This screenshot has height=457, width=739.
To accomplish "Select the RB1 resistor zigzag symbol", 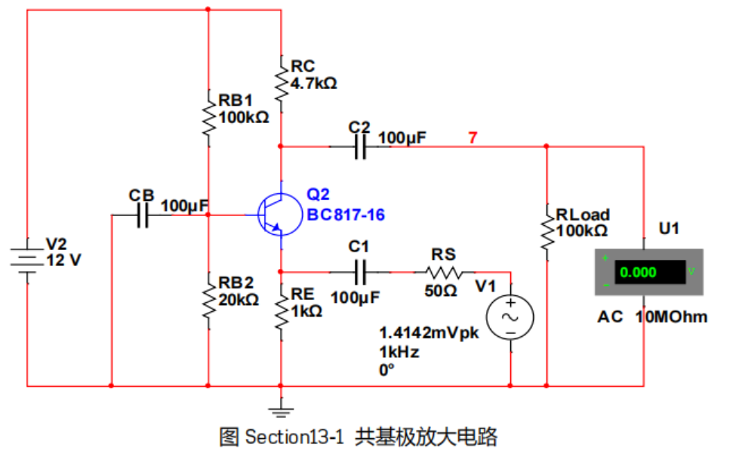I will (x=208, y=115).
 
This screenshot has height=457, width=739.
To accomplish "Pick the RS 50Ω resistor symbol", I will (x=444, y=272).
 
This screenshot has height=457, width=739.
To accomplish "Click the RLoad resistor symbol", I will (x=546, y=230).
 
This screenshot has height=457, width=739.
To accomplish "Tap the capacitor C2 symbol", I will (x=360, y=147).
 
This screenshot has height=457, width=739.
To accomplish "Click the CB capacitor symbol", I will (x=143, y=215).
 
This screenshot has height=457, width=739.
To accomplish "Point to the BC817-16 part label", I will (x=346, y=215).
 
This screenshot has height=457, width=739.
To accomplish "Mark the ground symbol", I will (x=281, y=410).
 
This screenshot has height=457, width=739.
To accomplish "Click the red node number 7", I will (x=473, y=137).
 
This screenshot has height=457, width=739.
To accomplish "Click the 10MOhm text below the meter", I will (x=672, y=317).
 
